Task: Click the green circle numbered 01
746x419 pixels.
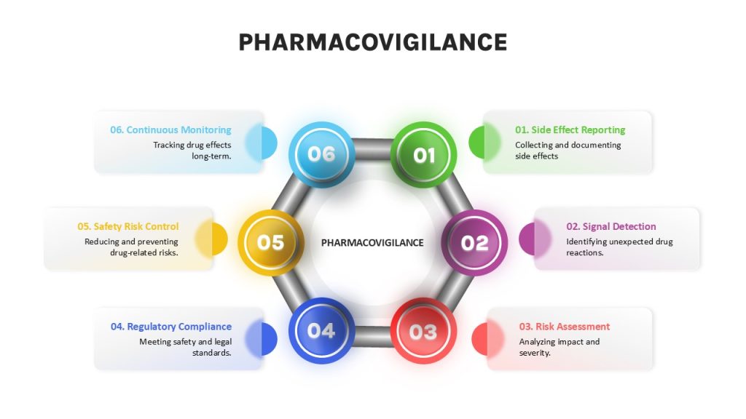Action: (423, 155)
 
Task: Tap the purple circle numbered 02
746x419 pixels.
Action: (474, 243)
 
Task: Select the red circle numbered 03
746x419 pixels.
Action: (423, 331)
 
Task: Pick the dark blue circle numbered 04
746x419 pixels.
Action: (321, 331)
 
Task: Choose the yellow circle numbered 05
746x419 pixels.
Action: (271, 243)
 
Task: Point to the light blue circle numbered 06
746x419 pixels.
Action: (321, 154)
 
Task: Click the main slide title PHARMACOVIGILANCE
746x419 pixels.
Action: (373, 42)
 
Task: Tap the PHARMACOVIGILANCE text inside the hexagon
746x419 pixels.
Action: (372, 243)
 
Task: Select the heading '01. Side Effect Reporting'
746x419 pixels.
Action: (570, 129)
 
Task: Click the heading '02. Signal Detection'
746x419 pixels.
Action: (611, 227)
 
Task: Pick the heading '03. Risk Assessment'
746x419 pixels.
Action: (565, 327)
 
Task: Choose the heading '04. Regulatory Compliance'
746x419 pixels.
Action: (171, 327)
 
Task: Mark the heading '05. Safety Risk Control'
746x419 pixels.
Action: (128, 227)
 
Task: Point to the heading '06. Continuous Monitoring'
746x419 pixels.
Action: (170, 129)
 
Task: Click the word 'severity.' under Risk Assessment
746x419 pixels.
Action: (535, 353)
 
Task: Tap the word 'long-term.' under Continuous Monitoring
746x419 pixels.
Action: (211, 156)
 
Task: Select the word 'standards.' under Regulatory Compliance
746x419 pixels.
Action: (212, 353)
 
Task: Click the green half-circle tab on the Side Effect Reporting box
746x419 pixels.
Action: (477, 143)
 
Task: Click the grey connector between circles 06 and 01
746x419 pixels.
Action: (372, 149)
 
